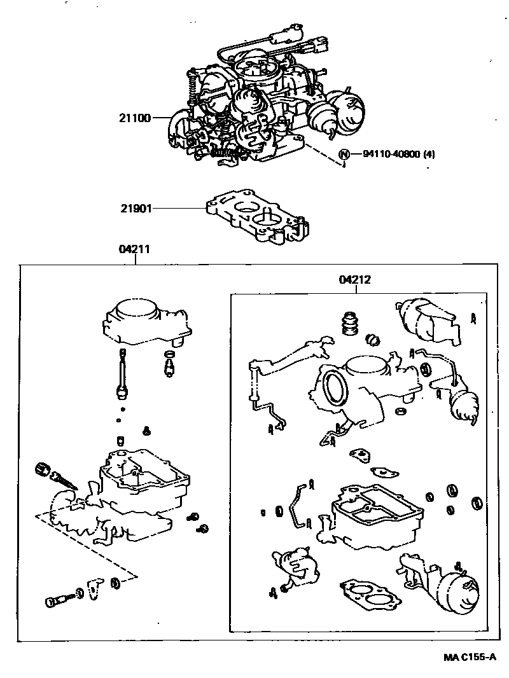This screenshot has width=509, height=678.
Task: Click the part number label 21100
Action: tap(134, 118)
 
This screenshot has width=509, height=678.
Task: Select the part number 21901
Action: tap(136, 209)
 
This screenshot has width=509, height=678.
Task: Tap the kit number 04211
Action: tap(134, 249)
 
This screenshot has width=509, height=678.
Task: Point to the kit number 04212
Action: tap(354, 280)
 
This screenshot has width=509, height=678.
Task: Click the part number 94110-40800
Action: tap(391, 155)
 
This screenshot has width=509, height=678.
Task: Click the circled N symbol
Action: tap(344, 155)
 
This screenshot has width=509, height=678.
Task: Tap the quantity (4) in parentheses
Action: tap(429, 155)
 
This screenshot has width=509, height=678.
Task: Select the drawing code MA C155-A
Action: tap(470, 658)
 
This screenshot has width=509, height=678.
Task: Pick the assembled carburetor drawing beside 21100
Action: tap(265, 99)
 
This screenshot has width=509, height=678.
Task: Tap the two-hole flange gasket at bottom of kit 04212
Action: tap(370, 596)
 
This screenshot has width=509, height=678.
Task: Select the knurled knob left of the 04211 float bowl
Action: tap(43, 468)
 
